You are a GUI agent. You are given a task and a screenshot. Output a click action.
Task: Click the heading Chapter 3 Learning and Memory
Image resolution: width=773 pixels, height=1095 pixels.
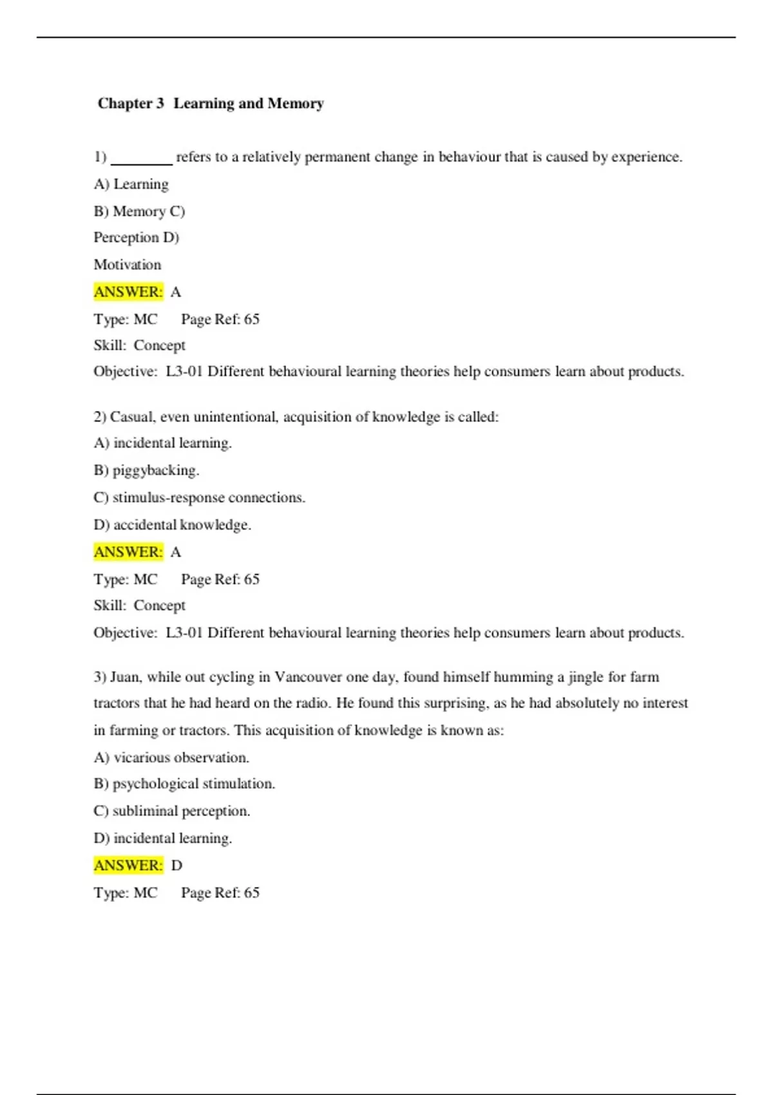[x=211, y=103]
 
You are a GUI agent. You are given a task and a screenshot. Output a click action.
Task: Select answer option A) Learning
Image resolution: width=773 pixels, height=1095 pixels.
[x=131, y=184]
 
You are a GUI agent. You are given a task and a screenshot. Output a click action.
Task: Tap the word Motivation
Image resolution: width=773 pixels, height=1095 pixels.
[x=128, y=265]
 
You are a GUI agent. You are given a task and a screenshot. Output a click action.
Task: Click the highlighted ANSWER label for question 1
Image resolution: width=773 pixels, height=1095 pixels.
[x=128, y=292]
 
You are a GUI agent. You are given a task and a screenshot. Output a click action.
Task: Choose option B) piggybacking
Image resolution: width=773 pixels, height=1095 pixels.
[x=146, y=470]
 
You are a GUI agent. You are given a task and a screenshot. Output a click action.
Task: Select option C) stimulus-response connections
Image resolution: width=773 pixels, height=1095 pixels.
[x=199, y=497]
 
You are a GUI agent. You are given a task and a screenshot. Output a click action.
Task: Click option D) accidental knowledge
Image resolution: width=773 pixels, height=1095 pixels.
[x=172, y=525]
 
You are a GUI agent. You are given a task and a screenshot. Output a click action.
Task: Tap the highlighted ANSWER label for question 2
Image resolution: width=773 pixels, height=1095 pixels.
[x=128, y=552]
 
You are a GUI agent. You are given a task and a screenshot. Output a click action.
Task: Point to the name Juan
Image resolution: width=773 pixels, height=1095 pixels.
[x=125, y=677]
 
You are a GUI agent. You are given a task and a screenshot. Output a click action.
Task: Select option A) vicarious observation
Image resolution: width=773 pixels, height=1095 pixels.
[x=171, y=757]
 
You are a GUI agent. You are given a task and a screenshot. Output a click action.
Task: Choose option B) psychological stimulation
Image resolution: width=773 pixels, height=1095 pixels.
[x=184, y=784]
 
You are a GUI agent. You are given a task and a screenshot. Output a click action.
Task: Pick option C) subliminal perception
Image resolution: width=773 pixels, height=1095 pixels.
[x=171, y=811]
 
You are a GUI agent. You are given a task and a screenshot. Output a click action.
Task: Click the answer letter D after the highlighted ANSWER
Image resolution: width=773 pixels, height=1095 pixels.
[x=177, y=866]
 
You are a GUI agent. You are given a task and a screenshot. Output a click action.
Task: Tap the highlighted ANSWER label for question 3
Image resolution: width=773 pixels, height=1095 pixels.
[x=128, y=865]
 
